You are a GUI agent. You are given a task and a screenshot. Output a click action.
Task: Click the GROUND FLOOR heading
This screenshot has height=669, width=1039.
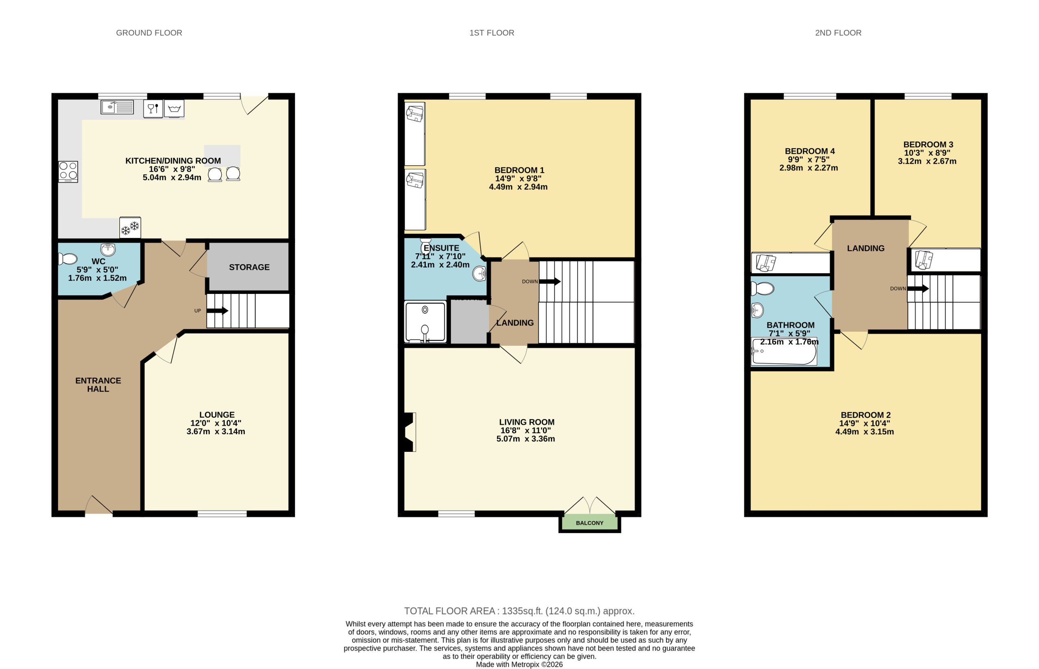[149, 33]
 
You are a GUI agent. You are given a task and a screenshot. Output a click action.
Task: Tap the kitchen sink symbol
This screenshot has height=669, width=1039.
[117, 107]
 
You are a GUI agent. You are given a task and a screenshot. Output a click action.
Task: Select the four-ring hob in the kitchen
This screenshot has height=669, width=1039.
[68, 171]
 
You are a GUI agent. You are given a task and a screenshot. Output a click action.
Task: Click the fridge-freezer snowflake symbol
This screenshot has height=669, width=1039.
[130, 228]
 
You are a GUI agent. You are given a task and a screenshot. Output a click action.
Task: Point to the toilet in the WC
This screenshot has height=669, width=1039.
[68, 259]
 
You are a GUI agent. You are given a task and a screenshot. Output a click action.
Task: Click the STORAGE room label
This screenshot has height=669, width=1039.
[249, 267]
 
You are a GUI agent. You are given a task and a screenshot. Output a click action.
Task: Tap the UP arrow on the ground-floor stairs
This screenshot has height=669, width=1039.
[217, 311]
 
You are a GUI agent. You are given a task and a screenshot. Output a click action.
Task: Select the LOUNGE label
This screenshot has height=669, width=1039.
[217, 415]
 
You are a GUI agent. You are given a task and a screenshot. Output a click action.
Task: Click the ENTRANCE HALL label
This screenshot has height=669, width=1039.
[98, 384]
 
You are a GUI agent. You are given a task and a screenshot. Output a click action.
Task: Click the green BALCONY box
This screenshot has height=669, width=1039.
[589, 522]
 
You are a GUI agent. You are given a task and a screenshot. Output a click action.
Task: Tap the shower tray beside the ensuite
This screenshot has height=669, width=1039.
[425, 322]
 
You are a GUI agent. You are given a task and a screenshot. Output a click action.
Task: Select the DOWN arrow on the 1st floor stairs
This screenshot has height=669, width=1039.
[549, 281]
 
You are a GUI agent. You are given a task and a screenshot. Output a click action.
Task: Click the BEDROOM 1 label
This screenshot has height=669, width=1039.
[519, 170]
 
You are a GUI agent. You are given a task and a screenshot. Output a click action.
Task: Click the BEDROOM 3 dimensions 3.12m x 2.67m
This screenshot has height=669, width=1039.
[927, 161]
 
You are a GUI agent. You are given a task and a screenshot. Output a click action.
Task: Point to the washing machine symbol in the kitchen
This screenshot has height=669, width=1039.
[174, 108]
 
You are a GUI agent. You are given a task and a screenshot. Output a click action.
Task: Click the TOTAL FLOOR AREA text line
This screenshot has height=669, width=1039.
[519, 611]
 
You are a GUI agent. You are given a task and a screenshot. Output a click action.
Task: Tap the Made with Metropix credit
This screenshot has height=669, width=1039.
[519, 664]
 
